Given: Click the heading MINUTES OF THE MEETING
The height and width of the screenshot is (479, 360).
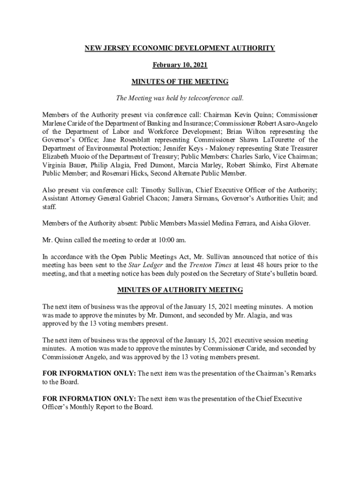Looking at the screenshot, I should (x=180, y=82).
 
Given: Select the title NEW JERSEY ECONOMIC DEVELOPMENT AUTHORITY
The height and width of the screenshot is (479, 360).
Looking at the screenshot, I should (x=180, y=48).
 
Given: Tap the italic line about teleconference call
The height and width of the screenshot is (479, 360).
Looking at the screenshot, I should (x=180, y=99).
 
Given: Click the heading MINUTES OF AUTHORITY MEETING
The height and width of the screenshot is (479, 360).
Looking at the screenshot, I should (x=180, y=290).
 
